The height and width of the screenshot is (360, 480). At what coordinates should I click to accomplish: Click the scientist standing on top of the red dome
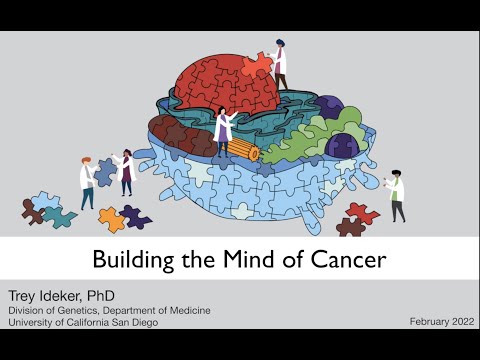(280, 62)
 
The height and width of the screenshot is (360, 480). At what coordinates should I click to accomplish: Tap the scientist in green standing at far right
(397, 195)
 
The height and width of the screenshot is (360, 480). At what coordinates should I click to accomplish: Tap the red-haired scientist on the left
(87, 180)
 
